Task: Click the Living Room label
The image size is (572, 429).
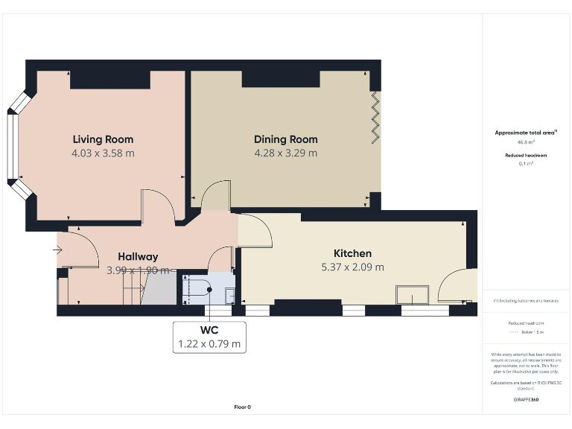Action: click(103, 139)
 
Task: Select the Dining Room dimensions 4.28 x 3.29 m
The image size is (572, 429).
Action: click(285, 153)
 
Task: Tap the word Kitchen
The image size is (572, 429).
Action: click(352, 253)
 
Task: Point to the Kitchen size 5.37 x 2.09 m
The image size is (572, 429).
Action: click(352, 267)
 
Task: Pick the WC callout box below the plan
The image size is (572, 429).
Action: click(209, 336)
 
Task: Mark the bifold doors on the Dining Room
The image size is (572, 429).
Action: click(376, 119)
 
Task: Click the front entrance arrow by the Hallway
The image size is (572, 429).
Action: click(58, 250)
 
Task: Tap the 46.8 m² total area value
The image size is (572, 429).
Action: click(527, 141)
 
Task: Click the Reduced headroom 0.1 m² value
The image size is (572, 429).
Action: click(527, 163)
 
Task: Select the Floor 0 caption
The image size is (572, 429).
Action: click(243, 407)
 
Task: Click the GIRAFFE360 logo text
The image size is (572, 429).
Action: click(526, 400)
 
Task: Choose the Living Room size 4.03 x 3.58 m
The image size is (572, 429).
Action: click(103, 153)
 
